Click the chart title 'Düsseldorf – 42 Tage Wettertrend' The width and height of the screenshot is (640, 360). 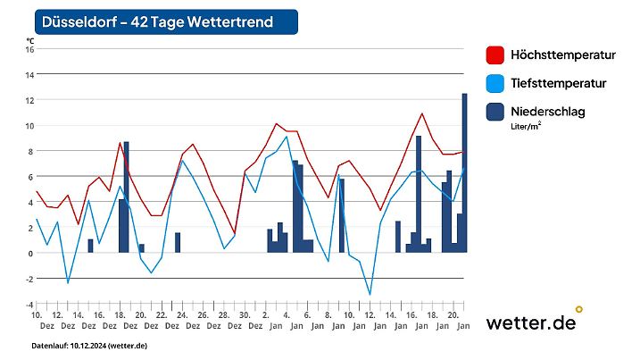pos(158,21)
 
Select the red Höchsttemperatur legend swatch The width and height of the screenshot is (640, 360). pos(495,55)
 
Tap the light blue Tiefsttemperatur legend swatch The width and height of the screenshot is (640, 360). pos(495,84)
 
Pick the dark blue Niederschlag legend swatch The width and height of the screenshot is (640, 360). pos(495,113)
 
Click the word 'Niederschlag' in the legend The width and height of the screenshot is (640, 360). pos(548,112)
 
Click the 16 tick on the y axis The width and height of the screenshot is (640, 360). pos(29,50)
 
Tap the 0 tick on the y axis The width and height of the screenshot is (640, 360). pos(30,254)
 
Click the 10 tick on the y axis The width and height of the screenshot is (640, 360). pos(29,126)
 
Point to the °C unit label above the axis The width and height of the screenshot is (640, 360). pos(30,40)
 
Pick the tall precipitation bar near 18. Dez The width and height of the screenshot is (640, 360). pos(127,197)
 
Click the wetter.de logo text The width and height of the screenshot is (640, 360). pos(529,323)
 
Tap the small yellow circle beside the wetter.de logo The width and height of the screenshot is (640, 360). pos(579,309)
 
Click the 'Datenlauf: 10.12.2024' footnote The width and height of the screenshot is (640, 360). pos(89,345)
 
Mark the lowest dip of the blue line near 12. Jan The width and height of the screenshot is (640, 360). pos(370,294)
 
